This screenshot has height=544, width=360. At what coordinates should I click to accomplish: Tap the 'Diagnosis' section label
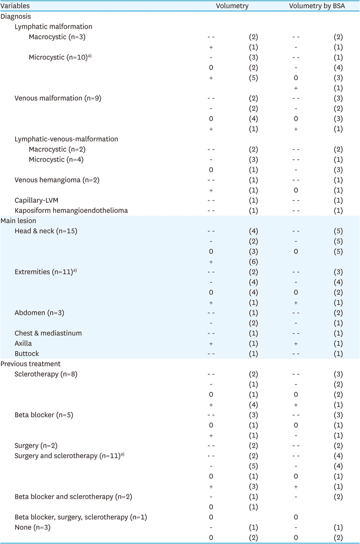click(x=15, y=17)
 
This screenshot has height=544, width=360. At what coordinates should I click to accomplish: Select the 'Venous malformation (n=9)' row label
click(x=58, y=98)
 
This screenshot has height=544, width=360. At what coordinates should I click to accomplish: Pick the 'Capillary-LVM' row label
click(x=35, y=200)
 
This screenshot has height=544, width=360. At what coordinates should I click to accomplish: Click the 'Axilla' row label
click(x=23, y=344)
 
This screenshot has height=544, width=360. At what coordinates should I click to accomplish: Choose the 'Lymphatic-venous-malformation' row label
click(x=67, y=139)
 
